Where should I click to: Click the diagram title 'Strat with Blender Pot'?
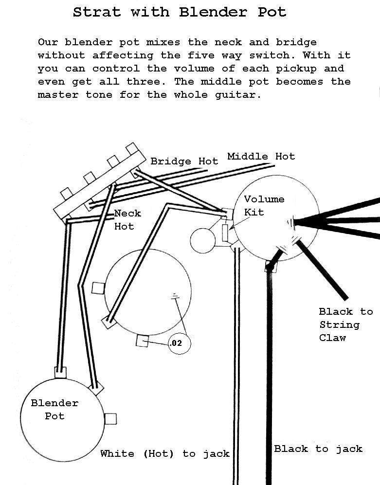pyautogui.click(x=180, y=12)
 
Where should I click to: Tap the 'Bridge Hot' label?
pyautogui.click(x=184, y=161)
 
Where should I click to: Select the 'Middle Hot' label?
pyautogui.click(x=261, y=156)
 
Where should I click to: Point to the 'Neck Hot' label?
pyautogui.click(x=127, y=219)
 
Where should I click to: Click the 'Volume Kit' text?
pyautogui.click(x=264, y=205)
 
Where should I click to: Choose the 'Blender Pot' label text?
pyautogui.click(x=54, y=409)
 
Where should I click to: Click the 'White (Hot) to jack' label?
pyautogui.click(x=164, y=453)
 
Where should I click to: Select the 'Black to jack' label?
pyautogui.click(x=318, y=449)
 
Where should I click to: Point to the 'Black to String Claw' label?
pyautogui.click(x=345, y=324)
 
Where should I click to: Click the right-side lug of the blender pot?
pyautogui.click(x=111, y=418)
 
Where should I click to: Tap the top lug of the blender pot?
pyautogui.click(x=60, y=372)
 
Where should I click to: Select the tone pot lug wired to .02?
pyautogui.click(x=142, y=341)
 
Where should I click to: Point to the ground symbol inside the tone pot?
pyautogui.click(x=174, y=296)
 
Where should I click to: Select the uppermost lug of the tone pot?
pyautogui.click(x=98, y=287)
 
